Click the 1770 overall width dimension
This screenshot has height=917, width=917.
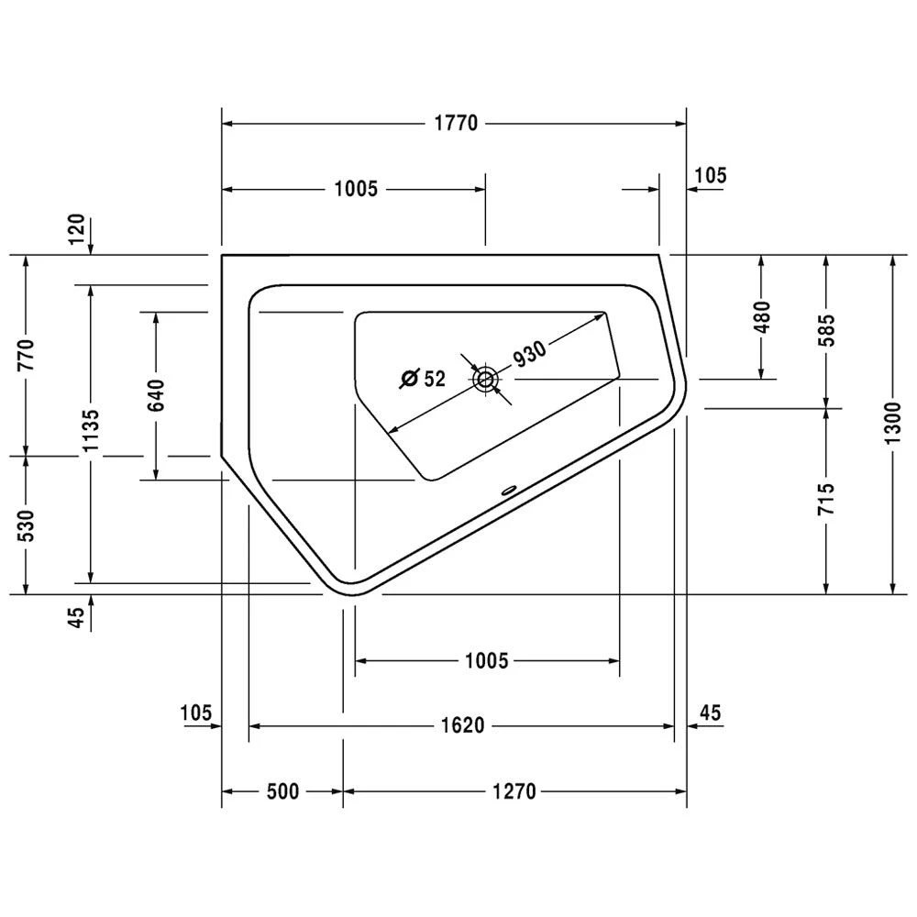tap(455, 123)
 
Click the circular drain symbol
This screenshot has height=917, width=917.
tap(485, 378)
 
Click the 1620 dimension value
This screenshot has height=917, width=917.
tap(461, 726)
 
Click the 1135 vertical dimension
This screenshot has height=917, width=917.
tap(91, 432)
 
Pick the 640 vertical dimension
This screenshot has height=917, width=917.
tap(156, 395)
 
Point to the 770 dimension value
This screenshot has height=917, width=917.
tap(26, 355)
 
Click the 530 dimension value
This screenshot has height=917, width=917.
tap(26, 525)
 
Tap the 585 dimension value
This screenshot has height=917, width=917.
tap(827, 330)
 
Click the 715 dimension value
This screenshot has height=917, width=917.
tap(827, 500)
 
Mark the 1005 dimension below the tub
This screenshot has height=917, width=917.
tap(486, 660)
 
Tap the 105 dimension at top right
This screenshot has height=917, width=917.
tap(711, 174)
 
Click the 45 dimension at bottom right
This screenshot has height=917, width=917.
tap(710, 712)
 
